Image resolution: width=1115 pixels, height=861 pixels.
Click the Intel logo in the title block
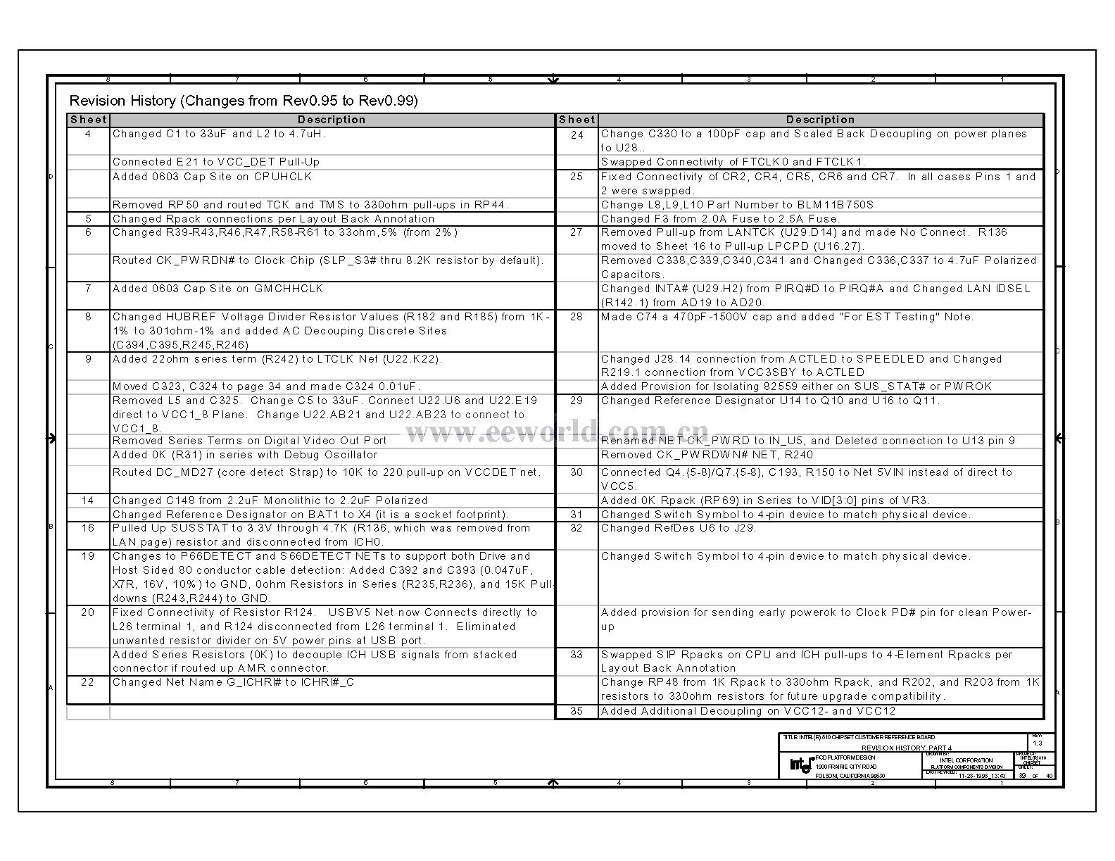coord(801,765)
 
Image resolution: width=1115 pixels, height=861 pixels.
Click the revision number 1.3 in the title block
coord(1038,743)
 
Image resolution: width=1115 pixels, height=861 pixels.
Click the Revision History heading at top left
coord(244,101)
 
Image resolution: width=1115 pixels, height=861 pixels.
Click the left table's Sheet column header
coord(89,120)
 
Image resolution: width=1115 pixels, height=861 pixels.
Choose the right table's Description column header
coord(820,120)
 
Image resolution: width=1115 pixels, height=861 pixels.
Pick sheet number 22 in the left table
coord(88,682)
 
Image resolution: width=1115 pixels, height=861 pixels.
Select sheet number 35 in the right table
coord(577,711)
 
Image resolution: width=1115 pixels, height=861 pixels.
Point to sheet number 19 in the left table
coord(88,556)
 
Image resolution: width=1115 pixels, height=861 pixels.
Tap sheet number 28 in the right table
coord(577,317)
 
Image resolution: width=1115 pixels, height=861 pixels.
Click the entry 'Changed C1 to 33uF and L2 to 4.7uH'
coord(219,134)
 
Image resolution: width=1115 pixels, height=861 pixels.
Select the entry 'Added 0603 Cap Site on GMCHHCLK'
coord(218,289)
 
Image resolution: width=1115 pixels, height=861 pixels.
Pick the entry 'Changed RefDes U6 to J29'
coord(679,528)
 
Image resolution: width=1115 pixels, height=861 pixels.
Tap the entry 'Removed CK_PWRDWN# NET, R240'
coord(707,455)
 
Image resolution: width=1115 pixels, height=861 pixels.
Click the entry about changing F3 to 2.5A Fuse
coord(720,219)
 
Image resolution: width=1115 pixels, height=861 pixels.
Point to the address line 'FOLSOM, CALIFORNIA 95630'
coord(850,776)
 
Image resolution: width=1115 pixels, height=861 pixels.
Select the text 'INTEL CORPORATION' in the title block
coord(966,760)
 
